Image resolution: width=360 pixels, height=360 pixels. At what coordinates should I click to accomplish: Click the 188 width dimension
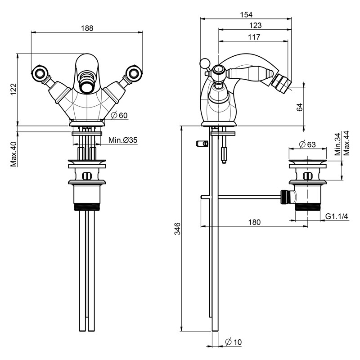tap(87, 28)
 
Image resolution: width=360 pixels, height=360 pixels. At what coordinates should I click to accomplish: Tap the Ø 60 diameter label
tap(119, 115)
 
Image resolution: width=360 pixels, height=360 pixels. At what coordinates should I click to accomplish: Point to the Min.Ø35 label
tap(122, 140)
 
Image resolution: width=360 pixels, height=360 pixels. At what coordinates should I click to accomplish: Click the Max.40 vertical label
tap(13, 154)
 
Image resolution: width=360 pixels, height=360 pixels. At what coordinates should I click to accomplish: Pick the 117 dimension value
tap(254, 38)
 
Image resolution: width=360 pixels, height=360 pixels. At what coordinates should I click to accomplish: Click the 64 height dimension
tap(300, 107)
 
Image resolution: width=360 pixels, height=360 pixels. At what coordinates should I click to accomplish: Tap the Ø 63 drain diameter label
tap(308, 144)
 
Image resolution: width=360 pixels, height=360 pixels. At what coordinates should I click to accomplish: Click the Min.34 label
tap(338, 144)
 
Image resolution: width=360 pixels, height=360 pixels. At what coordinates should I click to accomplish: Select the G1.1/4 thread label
tap(337, 217)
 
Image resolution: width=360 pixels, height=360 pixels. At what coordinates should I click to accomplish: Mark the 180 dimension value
tap(255, 222)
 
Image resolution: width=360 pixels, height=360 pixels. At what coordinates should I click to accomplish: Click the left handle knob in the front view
tap(38, 72)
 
